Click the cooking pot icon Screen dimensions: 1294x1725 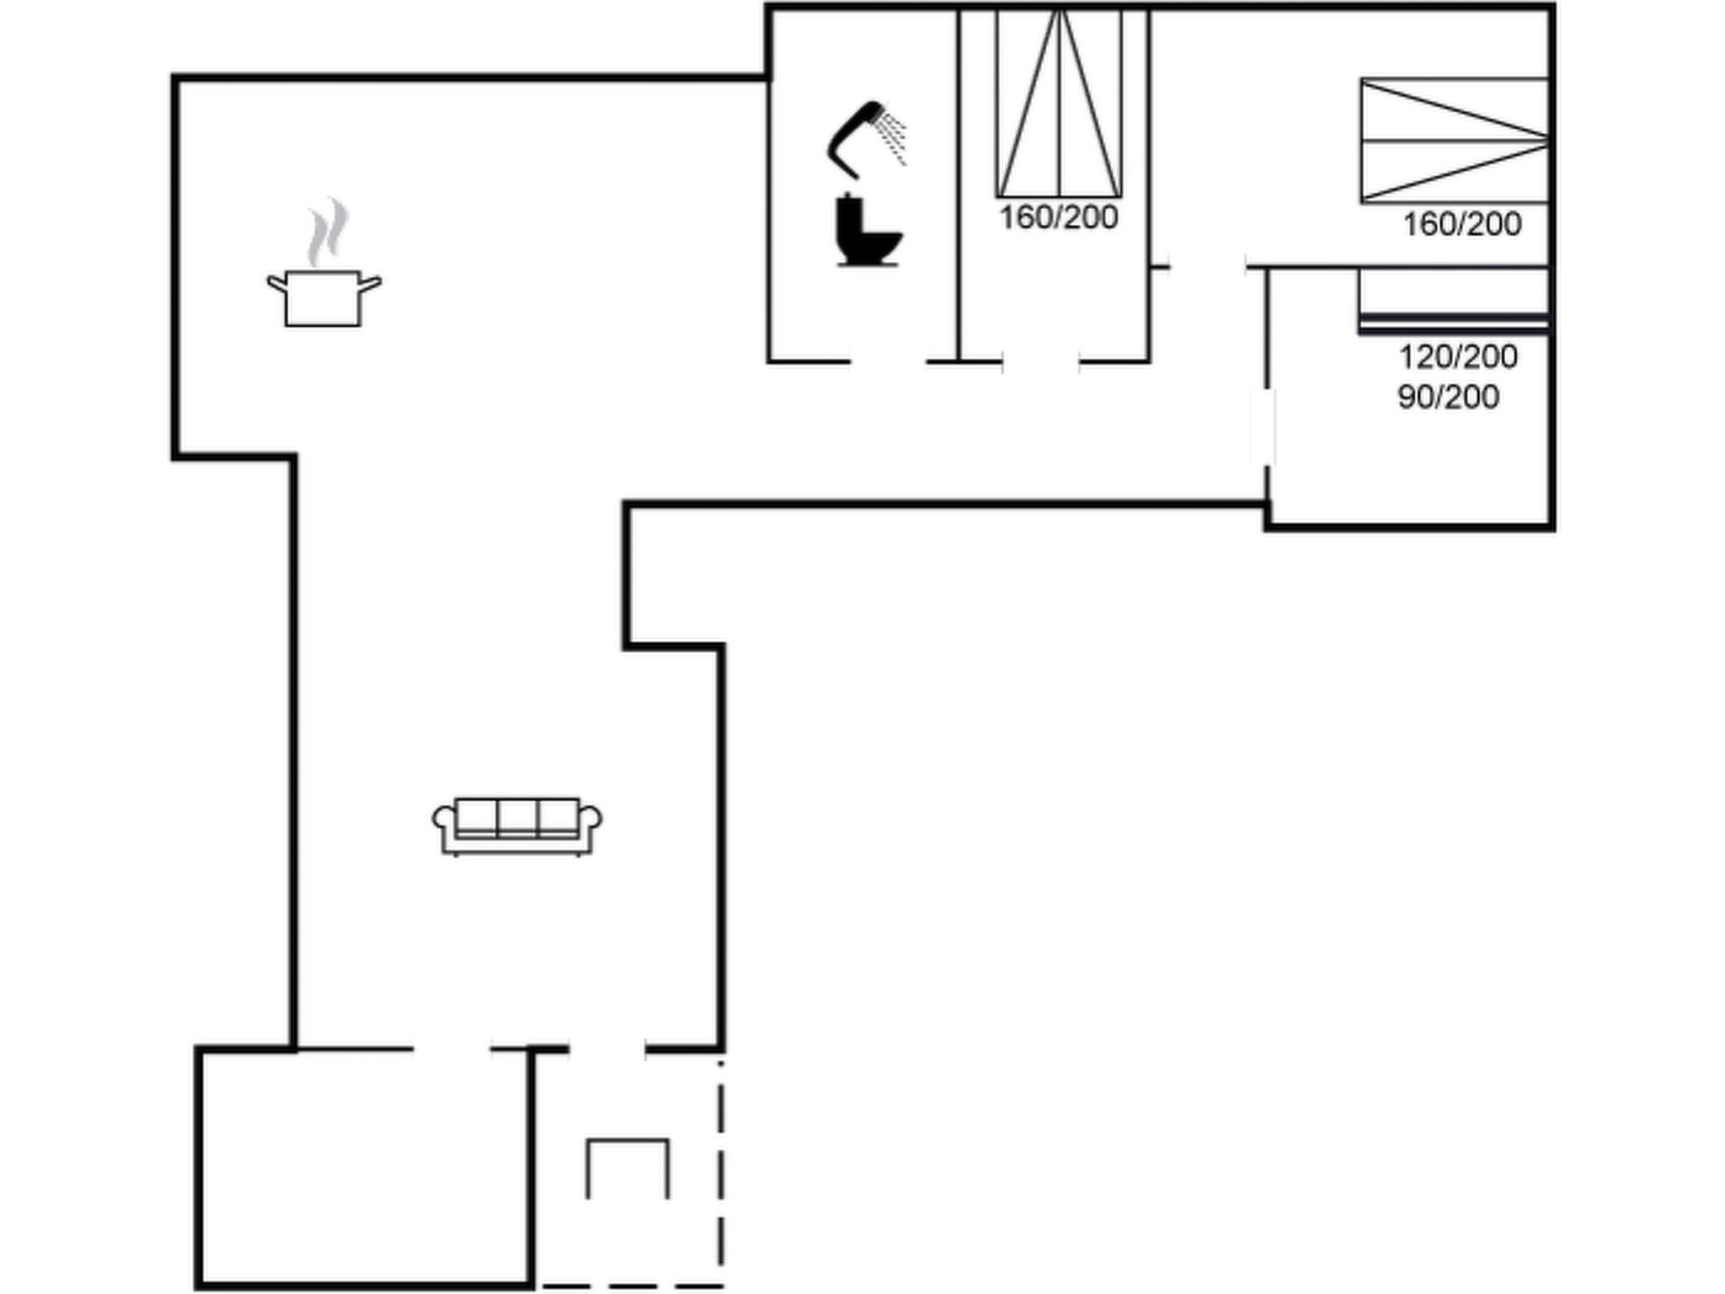click(323, 298)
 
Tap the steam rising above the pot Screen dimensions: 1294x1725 click(327, 232)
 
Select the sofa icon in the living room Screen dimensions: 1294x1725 click(517, 826)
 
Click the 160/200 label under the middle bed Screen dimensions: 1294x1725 click(1058, 217)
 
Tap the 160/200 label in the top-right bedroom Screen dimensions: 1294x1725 click(1461, 224)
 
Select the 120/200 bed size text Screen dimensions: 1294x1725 click(1458, 356)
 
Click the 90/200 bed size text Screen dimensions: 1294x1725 click(1448, 397)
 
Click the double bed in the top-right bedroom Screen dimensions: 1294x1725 click(1454, 141)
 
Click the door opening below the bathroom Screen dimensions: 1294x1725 click(889, 362)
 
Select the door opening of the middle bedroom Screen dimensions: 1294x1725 click(1041, 362)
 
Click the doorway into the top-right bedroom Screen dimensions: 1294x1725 click(1208, 267)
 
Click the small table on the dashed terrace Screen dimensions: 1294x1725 click(628, 1168)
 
